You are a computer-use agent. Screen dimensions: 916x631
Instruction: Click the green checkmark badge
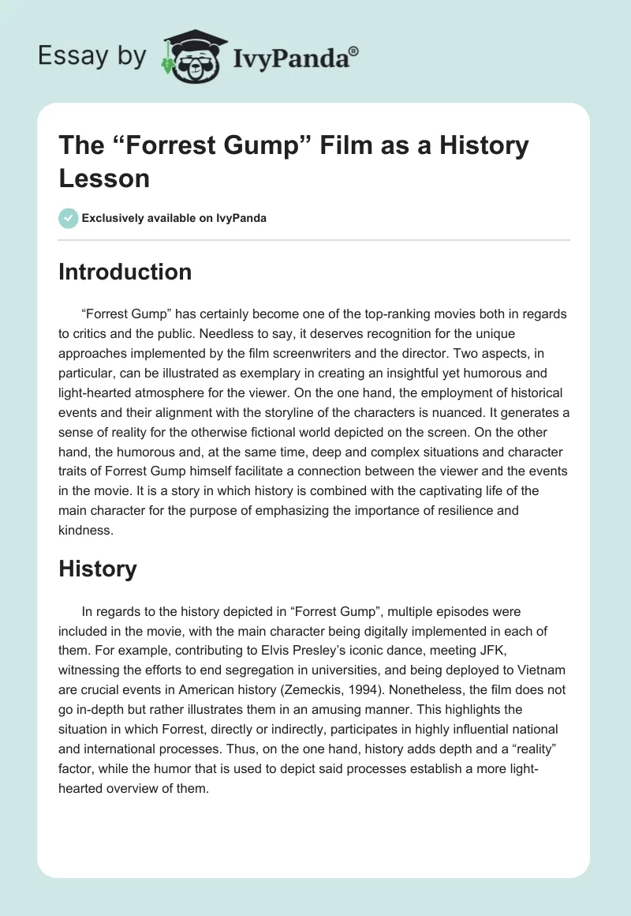[69, 218]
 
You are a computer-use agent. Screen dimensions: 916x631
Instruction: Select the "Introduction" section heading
[125, 272]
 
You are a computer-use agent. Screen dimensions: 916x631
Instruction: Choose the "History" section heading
[98, 569]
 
